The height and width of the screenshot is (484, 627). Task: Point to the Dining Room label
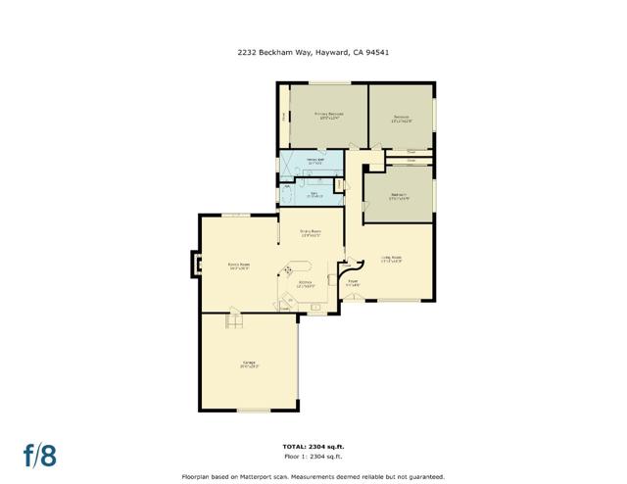pyautogui.click(x=312, y=233)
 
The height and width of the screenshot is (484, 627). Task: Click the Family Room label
pyautogui.click(x=239, y=266)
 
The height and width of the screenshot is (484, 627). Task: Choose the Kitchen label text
pyautogui.click(x=306, y=283)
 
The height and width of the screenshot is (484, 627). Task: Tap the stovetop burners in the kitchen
pyautogui.click(x=288, y=271)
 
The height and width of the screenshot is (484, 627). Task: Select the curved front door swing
pyautogui.click(x=346, y=266)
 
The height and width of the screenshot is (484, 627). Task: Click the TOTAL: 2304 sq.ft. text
pyautogui.click(x=313, y=446)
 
